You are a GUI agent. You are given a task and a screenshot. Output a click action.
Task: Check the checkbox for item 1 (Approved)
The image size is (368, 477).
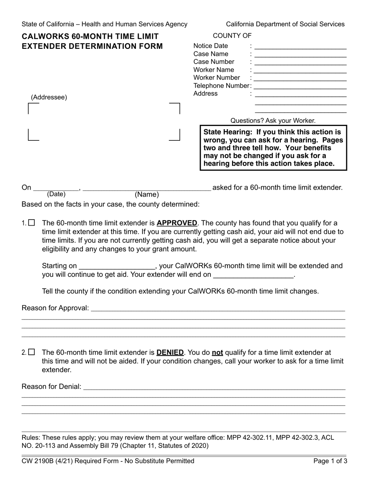(32, 223)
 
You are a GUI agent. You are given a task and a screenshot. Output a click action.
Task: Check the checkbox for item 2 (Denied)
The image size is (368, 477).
(32, 353)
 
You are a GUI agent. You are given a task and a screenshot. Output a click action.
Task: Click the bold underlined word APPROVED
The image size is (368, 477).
(177, 223)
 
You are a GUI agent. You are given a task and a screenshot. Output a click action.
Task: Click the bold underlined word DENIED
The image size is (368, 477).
(170, 353)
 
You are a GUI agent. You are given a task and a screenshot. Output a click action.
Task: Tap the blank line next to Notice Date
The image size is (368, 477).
(300, 47)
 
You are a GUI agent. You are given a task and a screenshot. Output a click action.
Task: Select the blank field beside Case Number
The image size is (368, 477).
(300, 62)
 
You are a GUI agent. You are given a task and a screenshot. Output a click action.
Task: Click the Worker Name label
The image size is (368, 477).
(214, 70)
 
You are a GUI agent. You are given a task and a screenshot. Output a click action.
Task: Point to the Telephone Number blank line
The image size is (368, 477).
(300, 86)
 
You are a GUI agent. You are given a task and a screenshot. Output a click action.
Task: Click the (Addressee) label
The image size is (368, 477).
(49, 97)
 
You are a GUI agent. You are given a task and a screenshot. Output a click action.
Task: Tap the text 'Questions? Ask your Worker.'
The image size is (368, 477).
(273, 121)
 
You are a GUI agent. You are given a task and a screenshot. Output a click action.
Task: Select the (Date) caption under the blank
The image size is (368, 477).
(56, 194)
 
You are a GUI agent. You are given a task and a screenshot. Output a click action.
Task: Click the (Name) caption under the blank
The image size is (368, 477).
(147, 195)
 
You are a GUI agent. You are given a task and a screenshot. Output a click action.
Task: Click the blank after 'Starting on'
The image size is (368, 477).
(116, 267)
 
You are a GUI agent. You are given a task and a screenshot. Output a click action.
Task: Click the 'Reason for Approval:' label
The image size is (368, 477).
(55, 308)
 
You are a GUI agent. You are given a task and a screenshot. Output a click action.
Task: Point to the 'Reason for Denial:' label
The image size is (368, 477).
(52, 386)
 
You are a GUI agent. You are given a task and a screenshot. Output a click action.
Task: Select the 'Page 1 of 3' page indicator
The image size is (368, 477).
(330, 461)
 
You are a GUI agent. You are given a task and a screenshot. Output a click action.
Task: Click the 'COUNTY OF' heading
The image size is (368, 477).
(232, 36)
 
